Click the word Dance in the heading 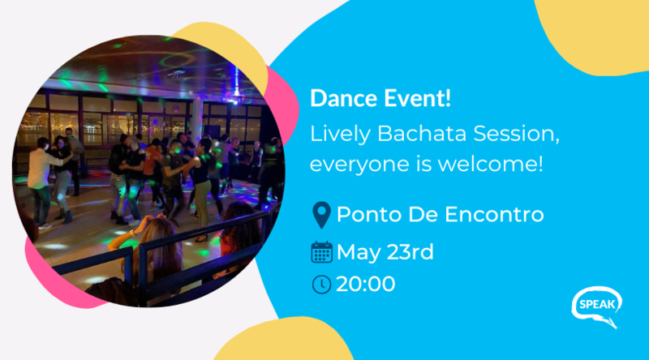343,98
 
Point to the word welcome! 490,164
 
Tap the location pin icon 321,215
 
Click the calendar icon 321,252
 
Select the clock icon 321,285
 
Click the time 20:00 366,285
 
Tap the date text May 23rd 385,252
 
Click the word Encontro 494,214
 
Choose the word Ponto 369,214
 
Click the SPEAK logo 597,306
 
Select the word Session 517,135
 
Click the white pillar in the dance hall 196,121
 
